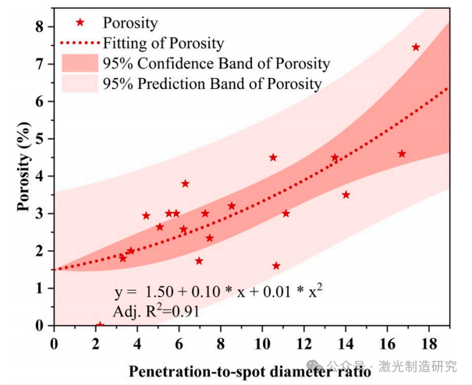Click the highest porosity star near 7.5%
click(x=416, y=48)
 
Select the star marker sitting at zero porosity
click(x=100, y=325)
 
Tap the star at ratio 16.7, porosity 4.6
click(x=402, y=154)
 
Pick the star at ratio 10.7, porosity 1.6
click(x=276, y=266)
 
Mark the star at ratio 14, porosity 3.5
click(x=346, y=195)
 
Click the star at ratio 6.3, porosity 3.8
click(x=185, y=184)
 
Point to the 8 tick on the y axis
click(x=40, y=26)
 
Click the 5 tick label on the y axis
click(x=40, y=139)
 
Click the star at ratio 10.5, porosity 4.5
click(x=273, y=157)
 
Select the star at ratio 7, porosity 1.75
click(x=199, y=261)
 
